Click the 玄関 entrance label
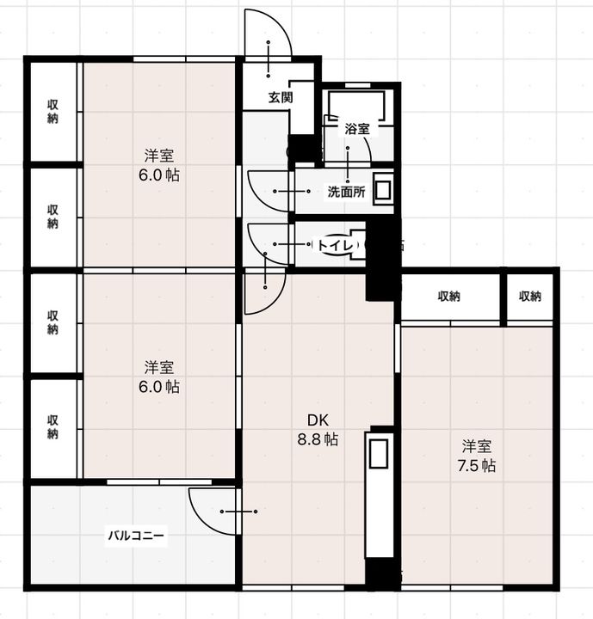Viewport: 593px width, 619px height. pos(281,97)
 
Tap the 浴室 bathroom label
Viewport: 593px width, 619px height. pos(357,129)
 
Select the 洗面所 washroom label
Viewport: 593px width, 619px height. pos(346,192)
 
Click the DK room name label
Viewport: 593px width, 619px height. pos(318,420)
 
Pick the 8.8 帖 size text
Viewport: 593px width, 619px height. pos(318,439)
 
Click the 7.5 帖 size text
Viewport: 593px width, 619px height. pos(477,466)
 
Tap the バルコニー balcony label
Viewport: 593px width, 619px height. pos(136,536)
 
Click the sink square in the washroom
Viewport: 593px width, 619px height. pos(383,191)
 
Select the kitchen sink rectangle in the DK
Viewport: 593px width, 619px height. pos(379,454)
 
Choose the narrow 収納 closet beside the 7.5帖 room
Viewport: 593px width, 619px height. pos(530,297)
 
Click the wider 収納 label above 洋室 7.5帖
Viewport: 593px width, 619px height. pos(449,297)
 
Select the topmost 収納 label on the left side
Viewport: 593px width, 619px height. pos(53,111)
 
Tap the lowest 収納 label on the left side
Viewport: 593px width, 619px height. pos(53,426)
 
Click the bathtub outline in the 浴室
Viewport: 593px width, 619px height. pos(356,106)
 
